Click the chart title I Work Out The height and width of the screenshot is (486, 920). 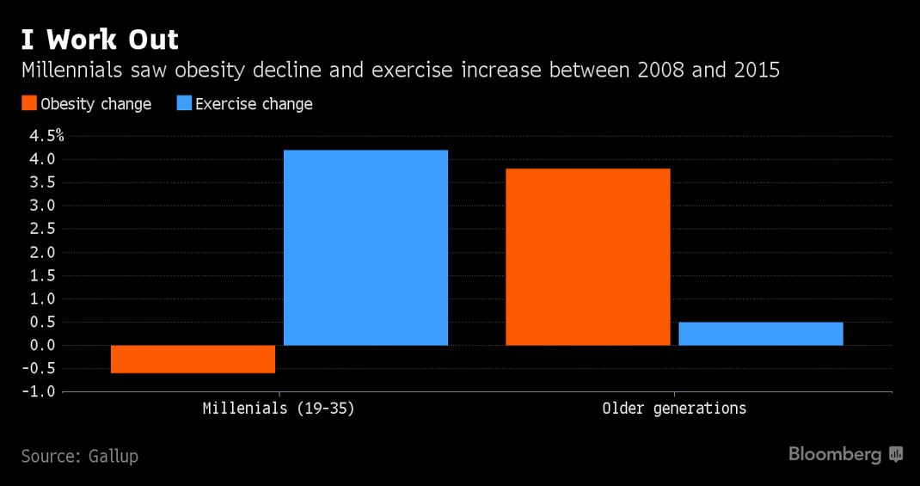100,40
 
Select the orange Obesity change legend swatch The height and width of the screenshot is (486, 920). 29,103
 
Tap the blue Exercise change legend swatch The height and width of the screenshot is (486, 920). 184,103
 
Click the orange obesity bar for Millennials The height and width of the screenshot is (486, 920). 193,360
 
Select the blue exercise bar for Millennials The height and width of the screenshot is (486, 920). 365,248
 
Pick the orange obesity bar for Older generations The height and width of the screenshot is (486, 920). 588,257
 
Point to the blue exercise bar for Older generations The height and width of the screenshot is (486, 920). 761,334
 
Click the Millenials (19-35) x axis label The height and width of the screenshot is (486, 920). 279,409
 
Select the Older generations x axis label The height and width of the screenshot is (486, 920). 674,409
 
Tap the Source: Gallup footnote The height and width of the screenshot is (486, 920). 80,456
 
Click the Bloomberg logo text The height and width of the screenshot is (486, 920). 835,454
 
